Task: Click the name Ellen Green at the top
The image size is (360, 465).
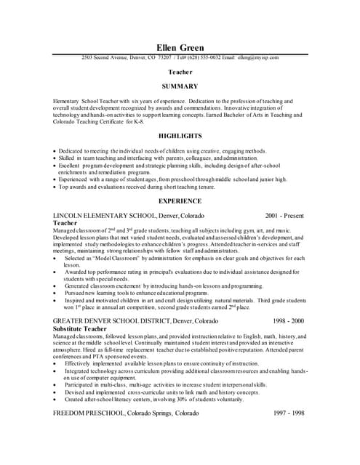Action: pyautogui.click(x=180, y=48)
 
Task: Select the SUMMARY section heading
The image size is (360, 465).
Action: pyautogui.click(x=180, y=86)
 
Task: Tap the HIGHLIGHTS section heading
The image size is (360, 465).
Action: pyautogui.click(x=180, y=135)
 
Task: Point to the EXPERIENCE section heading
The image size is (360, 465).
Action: pyautogui.click(x=180, y=200)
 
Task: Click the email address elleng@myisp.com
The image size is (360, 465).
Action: pyautogui.click(x=259, y=57)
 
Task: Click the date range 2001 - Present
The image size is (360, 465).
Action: pyautogui.click(x=285, y=216)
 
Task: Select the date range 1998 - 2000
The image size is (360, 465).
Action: pyautogui.click(x=289, y=320)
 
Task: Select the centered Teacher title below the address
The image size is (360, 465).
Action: pyautogui.click(x=180, y=72)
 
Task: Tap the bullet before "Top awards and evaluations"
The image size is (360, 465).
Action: pyautogui.click(x=55, y=187)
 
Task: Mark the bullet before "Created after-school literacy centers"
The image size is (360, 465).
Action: pyautogui.click(x=55, y=399)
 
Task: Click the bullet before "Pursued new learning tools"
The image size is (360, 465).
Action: pyautogui.click(x=55, y=293)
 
